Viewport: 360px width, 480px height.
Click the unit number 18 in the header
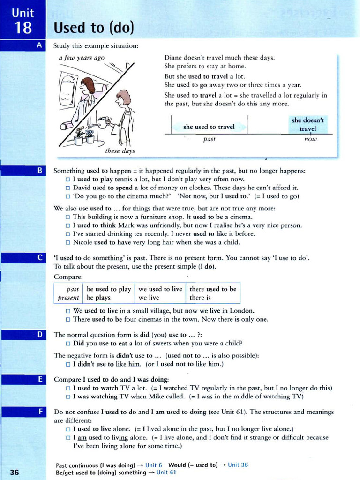click(x=22, y=28)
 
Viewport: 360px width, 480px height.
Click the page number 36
click(x=14, y=472)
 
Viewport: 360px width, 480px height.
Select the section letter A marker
click(x=39, y=45)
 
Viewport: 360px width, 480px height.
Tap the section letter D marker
click(x=39, y=335)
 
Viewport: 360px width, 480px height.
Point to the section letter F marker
click(x=39, y=412)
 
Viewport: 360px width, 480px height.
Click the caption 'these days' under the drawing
click(x=120, y=151)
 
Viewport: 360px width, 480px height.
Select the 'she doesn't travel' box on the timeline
click(x=307, y=124)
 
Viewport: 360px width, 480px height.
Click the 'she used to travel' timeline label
click(x=209, y=127)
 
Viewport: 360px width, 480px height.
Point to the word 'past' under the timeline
click(x=209, y=139)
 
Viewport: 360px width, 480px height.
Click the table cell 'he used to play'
click(x=109, y=289)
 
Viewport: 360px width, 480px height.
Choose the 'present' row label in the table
click(x=68, y=298)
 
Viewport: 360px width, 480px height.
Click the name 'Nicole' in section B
click(x=83, y=242)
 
